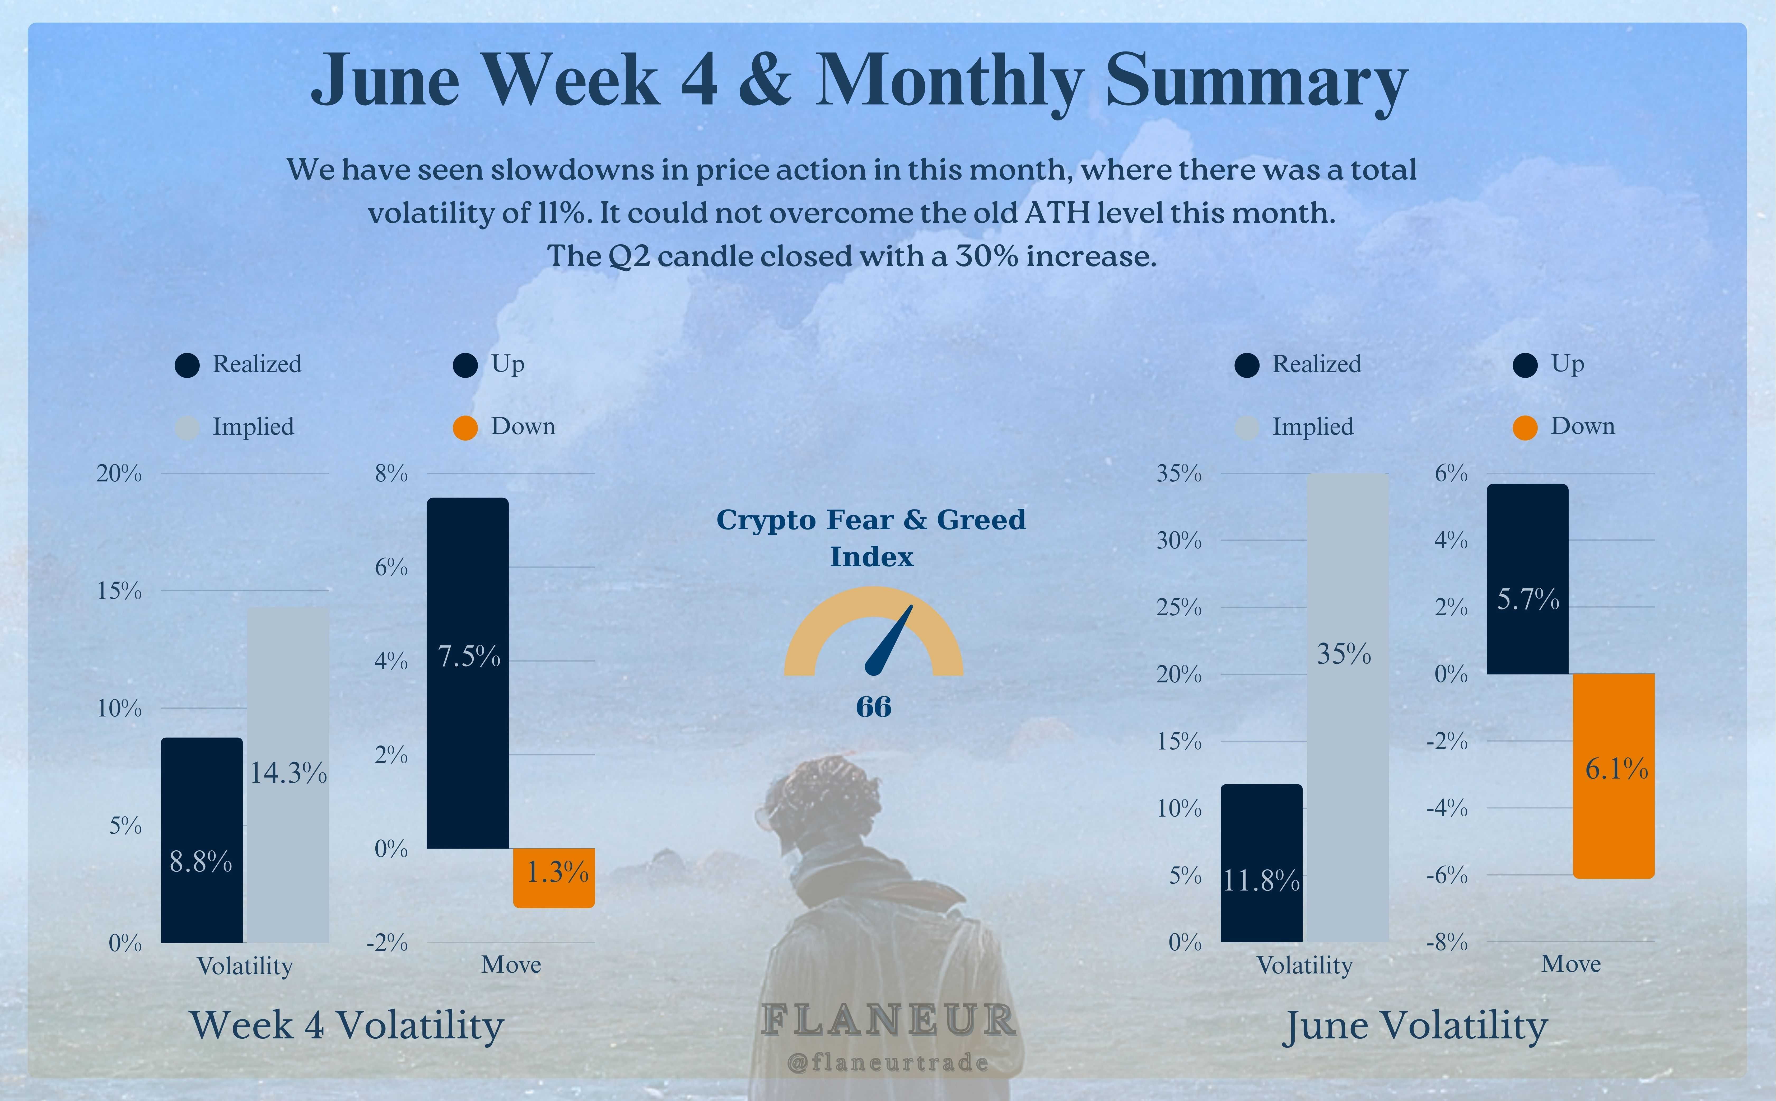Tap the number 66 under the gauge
pyautogui.click(x=873, y=706)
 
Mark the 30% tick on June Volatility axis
pyautogui.click(x=1178, y=540)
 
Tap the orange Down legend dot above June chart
pyautogui.click(x=1525, y=428)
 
